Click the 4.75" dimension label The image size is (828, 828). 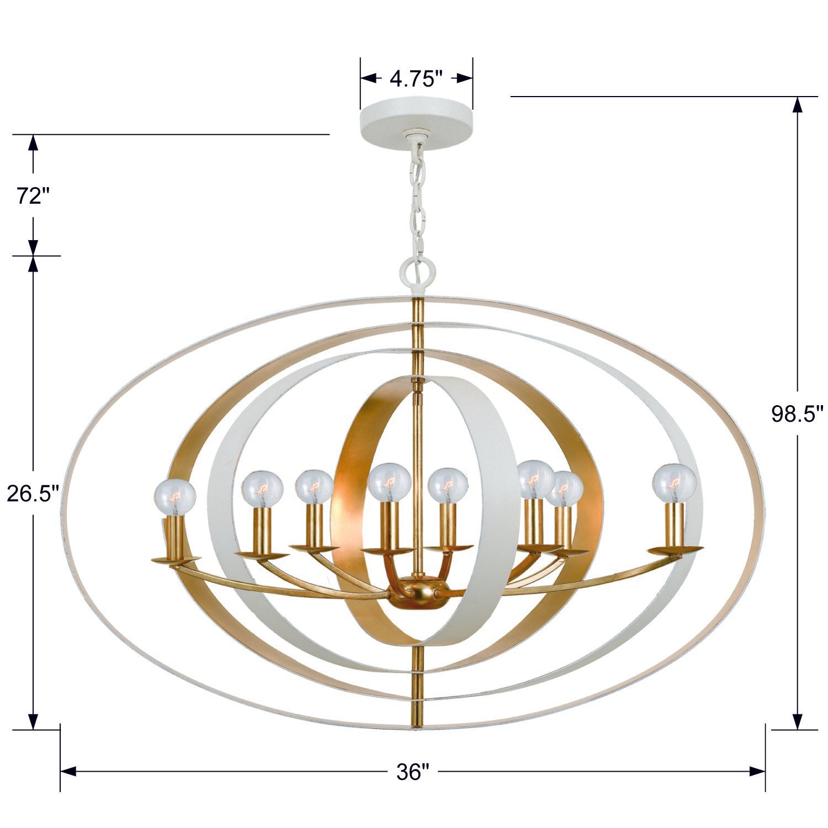(x=417, y=79)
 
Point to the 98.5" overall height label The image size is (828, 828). (x=797, y=413)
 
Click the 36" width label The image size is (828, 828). (x=412, y=772)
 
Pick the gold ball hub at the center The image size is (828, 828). (x=418, y=591)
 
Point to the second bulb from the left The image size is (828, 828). (x=262, y=489)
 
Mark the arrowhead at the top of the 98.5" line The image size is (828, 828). (x=797, y=105)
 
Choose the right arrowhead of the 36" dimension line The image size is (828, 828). (x=757, y=772)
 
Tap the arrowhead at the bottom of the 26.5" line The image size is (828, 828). (x=33, y=720)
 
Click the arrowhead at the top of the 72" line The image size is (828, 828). (x=33, y=143)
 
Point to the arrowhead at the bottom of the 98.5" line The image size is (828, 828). (x=797, y=720)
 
